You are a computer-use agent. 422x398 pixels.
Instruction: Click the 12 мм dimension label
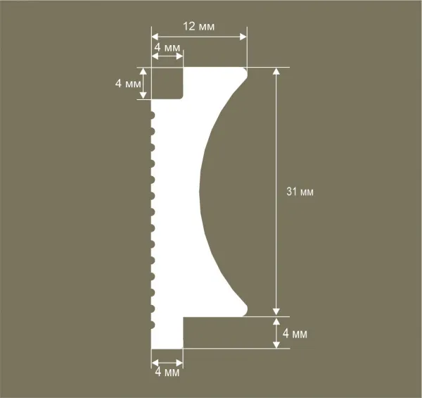pos(200,25)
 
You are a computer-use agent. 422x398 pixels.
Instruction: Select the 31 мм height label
pos(300,192)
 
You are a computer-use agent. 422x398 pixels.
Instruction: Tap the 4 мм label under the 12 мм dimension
pos(167,47)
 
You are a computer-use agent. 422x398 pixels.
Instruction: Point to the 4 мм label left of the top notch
pos(127,83)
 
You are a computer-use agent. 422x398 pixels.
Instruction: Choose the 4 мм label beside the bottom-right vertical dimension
pos(295,332)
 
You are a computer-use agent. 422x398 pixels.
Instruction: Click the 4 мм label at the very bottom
pos(167,372)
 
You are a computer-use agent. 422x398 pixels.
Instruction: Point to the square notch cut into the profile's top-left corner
pos(168,83)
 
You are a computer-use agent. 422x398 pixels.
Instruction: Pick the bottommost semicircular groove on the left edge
pos(153,325)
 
